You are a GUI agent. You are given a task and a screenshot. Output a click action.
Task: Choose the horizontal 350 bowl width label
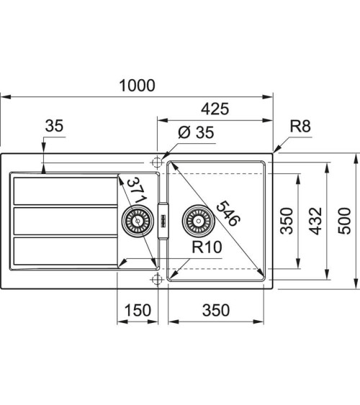215,310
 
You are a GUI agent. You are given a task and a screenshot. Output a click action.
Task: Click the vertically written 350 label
286,221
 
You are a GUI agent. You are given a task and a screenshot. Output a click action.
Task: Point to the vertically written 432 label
315,221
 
